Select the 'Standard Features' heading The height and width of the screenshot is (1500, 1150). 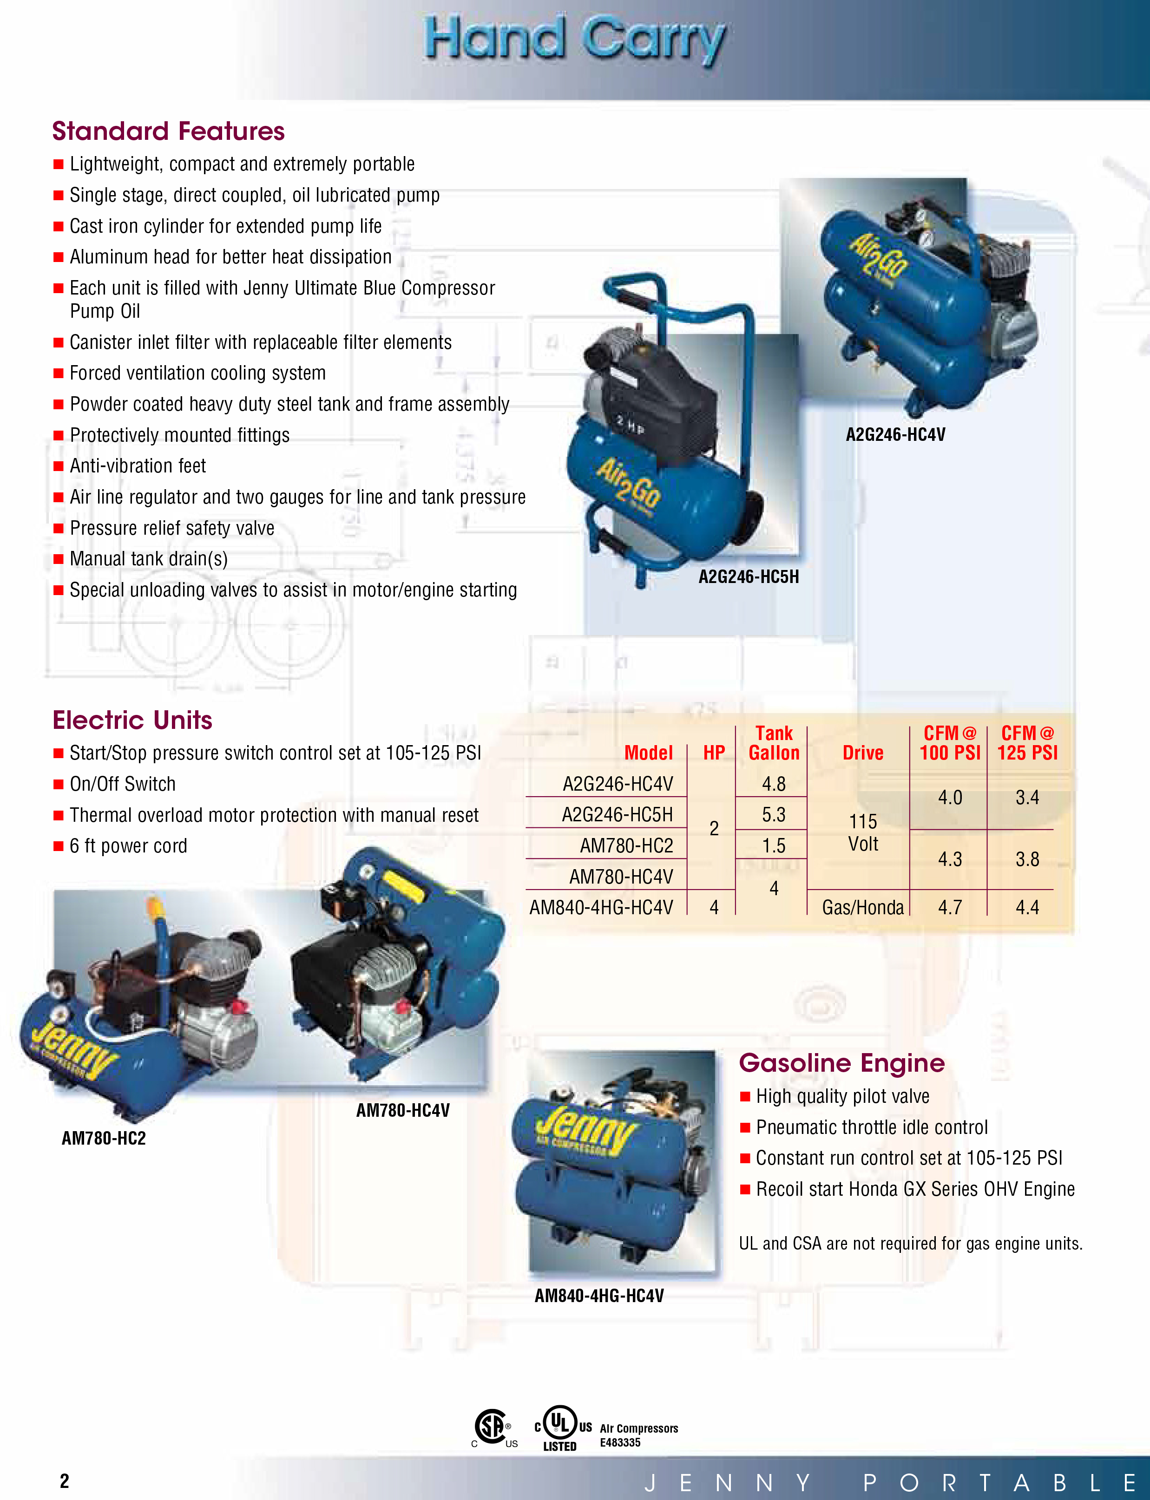pos(168,131)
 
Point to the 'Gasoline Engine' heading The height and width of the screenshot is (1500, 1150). pos(841,1063)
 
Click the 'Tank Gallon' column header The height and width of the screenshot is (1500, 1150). pos(774,743)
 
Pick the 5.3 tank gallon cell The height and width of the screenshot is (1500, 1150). pos(774,814)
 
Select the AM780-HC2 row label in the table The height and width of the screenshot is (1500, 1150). pos(626,846)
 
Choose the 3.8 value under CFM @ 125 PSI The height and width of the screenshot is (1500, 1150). pos(1027,859)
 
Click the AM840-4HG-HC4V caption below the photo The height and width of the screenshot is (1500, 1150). pos(599,1296)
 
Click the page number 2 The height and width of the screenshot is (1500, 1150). pos(64,1481)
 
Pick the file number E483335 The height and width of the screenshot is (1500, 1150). pos(620,1442)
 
